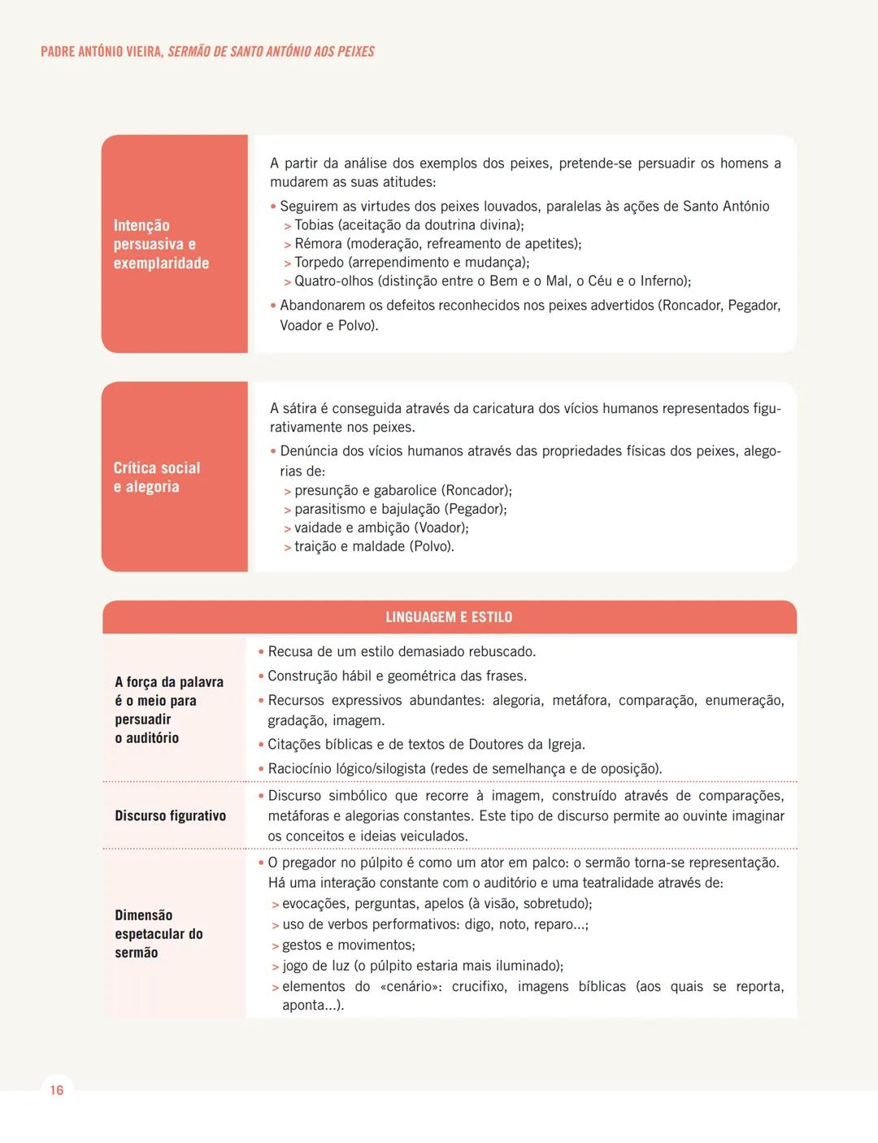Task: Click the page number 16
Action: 56,1090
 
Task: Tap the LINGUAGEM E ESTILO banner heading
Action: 449,617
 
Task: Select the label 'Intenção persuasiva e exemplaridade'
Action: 161,244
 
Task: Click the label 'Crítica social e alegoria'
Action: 156,477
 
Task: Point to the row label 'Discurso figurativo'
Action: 170,815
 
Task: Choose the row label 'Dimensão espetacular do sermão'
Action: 159,933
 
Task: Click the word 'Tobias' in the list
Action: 315,225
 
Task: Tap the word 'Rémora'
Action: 318,244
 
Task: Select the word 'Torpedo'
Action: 320,263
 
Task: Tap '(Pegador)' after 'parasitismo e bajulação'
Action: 476,509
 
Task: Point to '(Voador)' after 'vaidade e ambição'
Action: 441,528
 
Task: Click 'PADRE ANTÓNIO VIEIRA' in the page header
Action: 102,51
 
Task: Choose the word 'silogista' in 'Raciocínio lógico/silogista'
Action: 398,768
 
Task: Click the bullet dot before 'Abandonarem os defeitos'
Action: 273,306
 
